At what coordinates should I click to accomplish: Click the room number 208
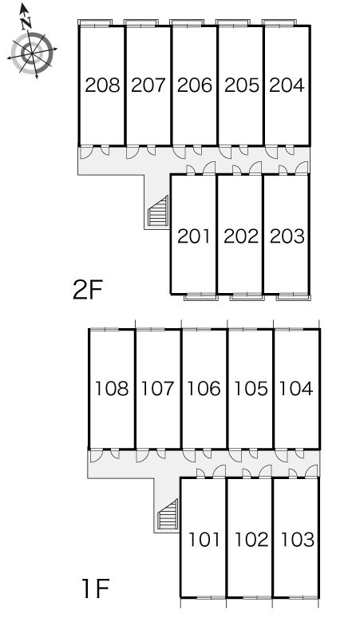tap(102, 85)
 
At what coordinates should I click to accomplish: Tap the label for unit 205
tap(242, 85)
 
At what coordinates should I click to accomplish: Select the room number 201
tap(194, 236)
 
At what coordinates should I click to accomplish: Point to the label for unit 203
tap(287, 236)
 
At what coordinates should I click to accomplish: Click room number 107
tap(157, 389)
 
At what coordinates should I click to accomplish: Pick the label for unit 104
tap(296, 389)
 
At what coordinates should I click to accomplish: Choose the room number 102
tap(251, 540)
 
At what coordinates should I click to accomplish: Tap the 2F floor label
tap(88, 290)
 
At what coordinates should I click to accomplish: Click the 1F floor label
tap(95, 588)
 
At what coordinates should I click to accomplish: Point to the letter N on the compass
tap(26, 23)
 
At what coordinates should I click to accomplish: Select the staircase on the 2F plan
tap(158, 212)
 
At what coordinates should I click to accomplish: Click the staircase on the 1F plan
tap(168, 515)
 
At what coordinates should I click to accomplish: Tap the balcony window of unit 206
tap(188, 24)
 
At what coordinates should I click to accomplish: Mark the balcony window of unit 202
tap(247, 296)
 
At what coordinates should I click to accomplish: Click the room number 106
tap(204, 389)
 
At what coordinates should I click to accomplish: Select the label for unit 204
tap(287, 85)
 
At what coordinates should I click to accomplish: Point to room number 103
tap(298, 540)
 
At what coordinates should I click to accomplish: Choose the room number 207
tap(148, 85)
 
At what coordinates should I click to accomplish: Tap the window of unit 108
tap(104, 329)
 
